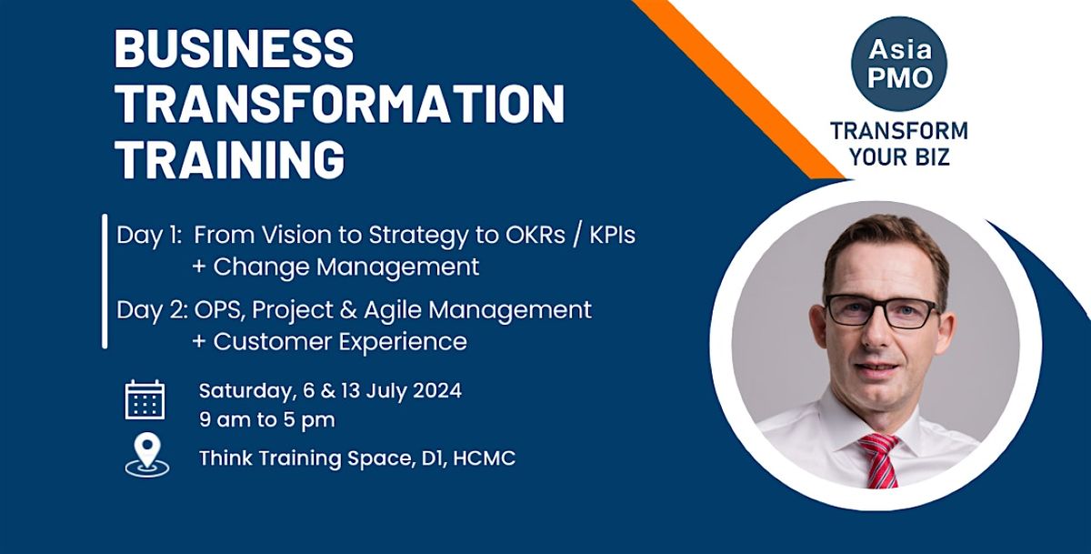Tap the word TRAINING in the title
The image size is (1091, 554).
[230, 160]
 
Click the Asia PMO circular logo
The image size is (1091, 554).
[898, 65]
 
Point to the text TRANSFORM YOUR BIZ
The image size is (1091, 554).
[898, 144]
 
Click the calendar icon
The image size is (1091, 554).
[145, 399]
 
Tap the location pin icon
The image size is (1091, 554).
[146, 453]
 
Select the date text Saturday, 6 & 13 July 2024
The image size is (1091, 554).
[330, 391]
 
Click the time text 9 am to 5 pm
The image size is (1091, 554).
[266, 420]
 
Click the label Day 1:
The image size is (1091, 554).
[149, 235]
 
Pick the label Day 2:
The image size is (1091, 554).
[150, 310]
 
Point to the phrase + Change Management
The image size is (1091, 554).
[335, 267]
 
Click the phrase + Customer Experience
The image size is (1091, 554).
[329, 342]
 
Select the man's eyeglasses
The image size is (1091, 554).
[880, 310]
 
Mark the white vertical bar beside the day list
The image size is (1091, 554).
[105, 281]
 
